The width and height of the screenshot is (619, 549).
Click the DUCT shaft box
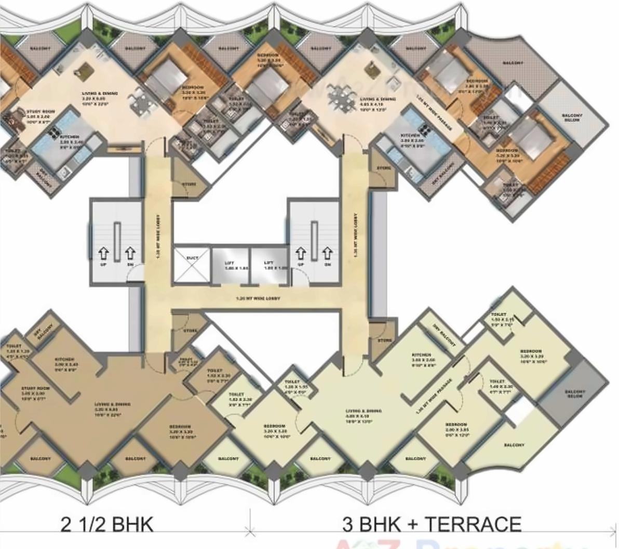coord(192,266)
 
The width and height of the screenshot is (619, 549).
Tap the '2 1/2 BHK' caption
coord(107,524)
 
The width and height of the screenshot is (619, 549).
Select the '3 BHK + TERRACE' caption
coord(431,524)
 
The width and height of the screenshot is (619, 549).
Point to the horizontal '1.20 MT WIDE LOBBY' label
coord(258,299)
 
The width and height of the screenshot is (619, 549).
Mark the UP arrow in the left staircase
coord(104,254)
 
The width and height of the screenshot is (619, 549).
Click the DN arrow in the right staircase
coord(327,254)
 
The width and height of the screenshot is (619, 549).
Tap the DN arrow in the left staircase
coord(130,254)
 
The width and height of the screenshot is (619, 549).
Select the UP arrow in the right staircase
coord(301,254)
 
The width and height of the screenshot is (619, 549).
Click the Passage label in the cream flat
coord(434,395)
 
